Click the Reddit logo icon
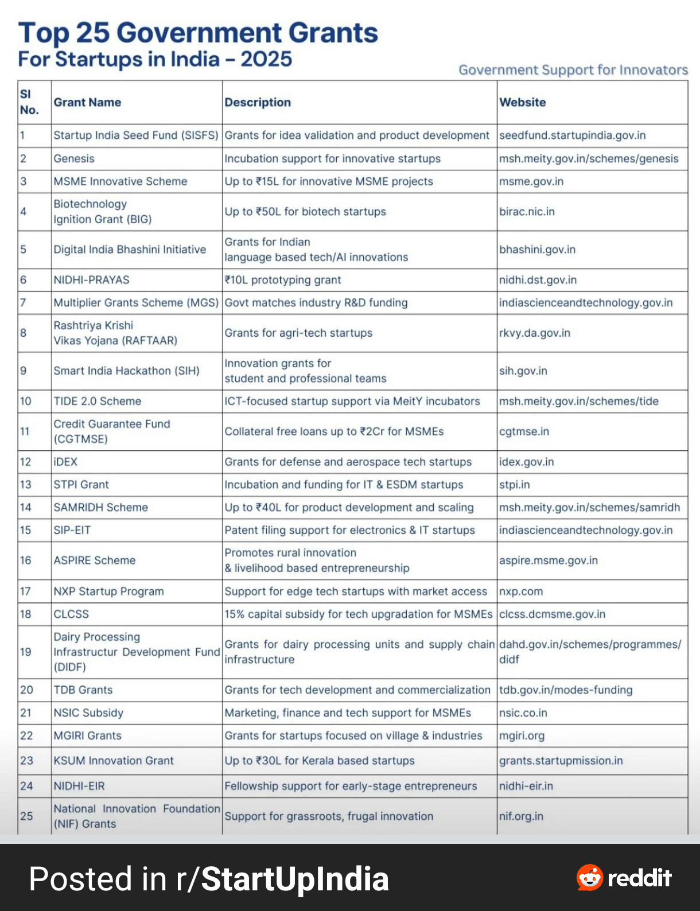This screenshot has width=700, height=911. pos(590,877)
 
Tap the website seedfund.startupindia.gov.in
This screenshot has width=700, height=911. pos(572,135)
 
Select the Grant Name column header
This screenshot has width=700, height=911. pos(87,102)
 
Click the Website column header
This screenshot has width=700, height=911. pos(522,102)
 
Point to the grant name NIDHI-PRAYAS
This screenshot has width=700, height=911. pos(91,280)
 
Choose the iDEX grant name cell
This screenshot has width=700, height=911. pos(65,462)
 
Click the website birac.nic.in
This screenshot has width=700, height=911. pos(527,212)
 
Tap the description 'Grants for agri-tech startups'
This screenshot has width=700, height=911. pos(298,333)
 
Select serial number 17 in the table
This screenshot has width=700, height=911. pos(25,591)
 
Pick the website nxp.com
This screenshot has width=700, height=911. pos(520,591)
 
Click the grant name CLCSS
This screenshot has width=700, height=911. pos(71,614)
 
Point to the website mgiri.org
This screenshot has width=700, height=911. pos(522,735)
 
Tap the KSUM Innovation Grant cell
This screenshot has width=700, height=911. pos(113,761)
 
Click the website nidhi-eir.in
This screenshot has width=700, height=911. pos(526,786)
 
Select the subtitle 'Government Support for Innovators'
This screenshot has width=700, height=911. pos(573,70)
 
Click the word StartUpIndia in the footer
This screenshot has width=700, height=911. pos(295,879)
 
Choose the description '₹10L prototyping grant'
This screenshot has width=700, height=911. pos(282,280)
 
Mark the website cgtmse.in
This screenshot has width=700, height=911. pos(524,431)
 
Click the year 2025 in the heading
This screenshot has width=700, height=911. pos(266,59)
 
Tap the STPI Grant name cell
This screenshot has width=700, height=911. pos(81,485)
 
